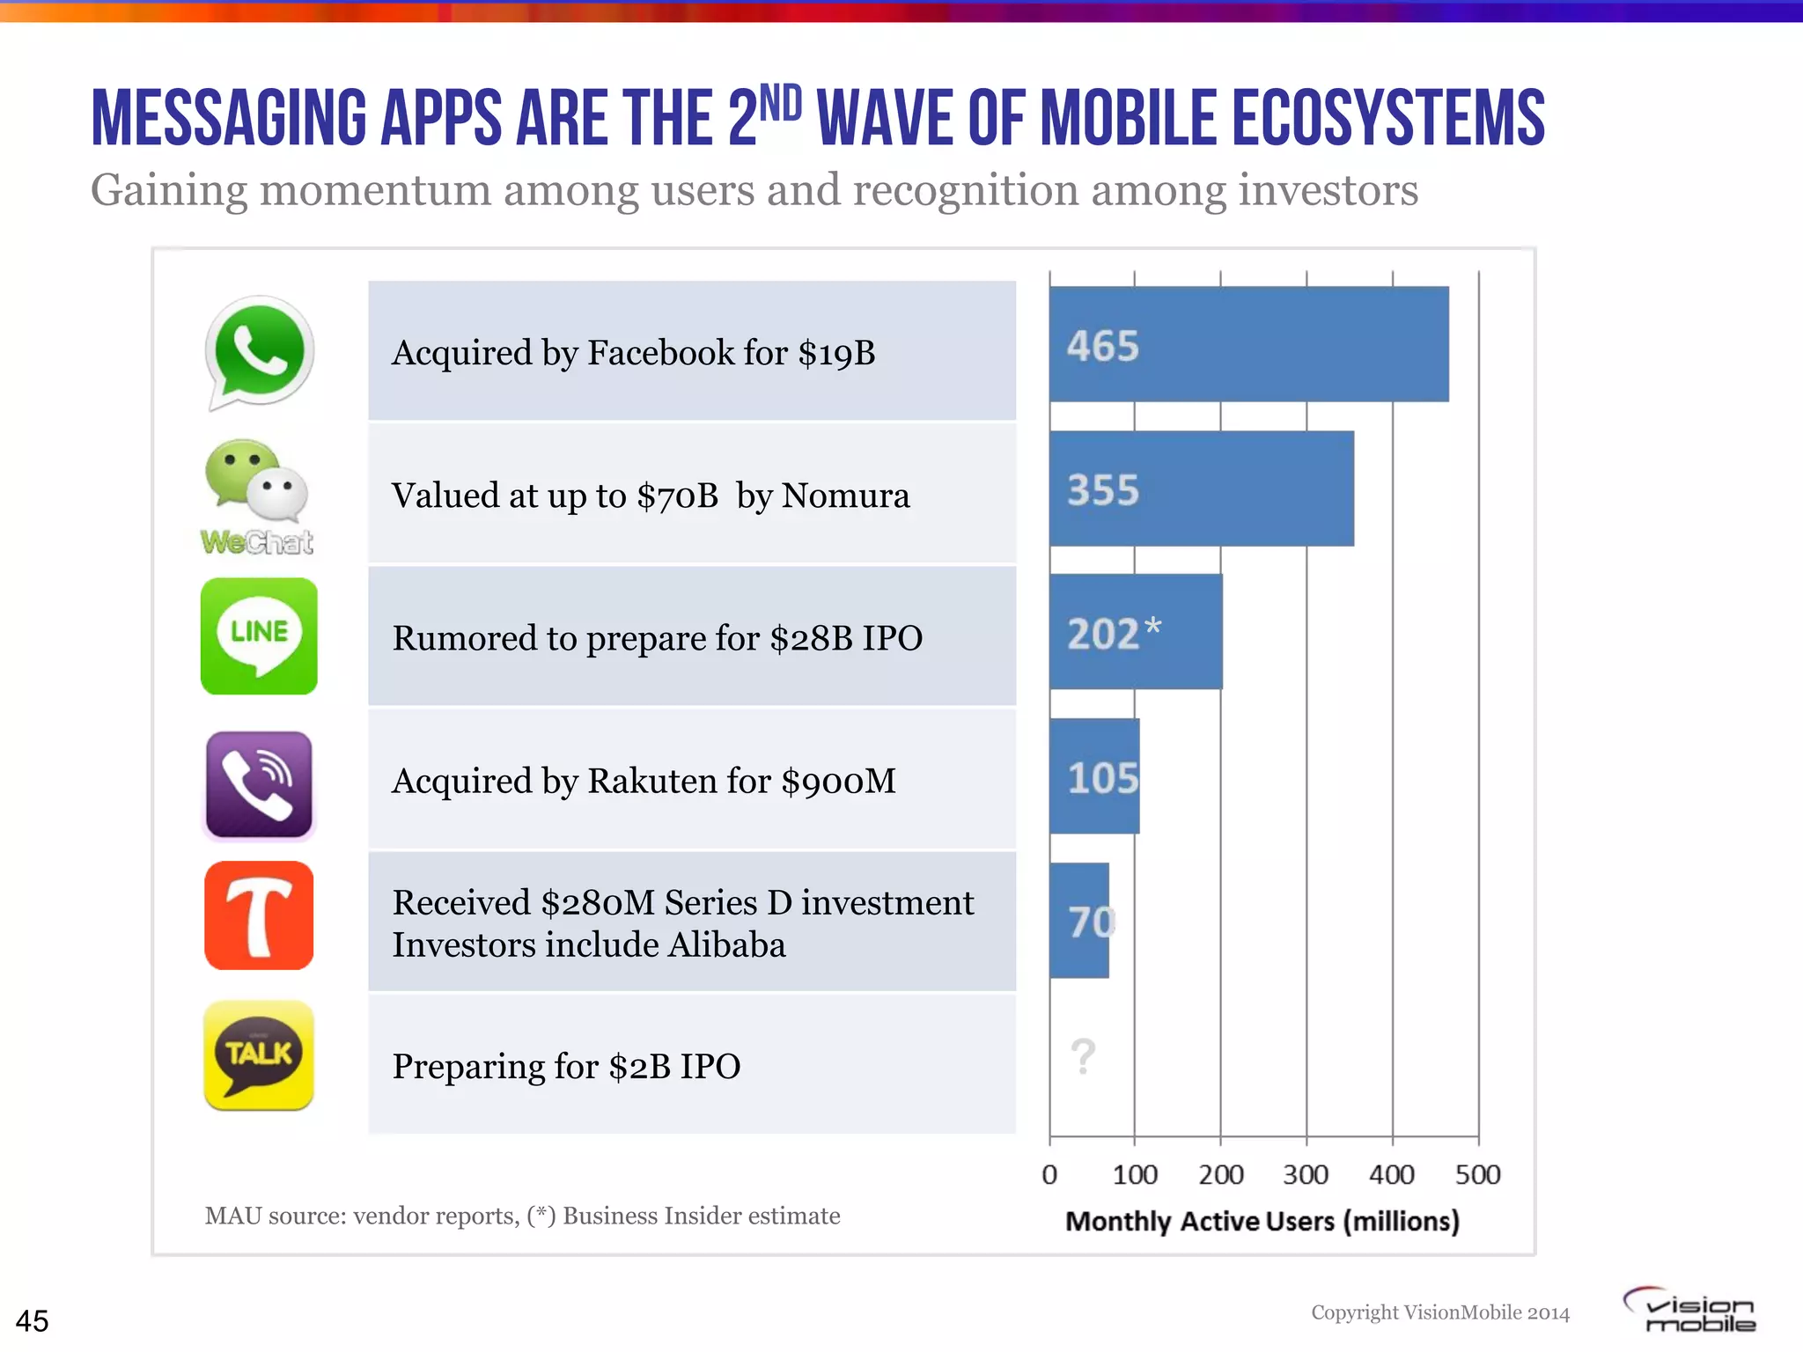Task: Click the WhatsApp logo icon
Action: point(259,351)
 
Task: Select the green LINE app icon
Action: point(259,636)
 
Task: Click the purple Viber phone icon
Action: point(259,784)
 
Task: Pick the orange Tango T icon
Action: point(259,915)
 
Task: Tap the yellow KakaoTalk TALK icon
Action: point(259,1055)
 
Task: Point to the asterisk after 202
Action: point(1152,626)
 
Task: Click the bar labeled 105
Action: point(1094,776)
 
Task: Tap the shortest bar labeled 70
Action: point(1079,920)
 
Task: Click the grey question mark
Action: point(1083,1055)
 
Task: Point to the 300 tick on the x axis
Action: point(1306,1174)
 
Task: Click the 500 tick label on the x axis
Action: point(1477,1174)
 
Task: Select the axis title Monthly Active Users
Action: point(1262,1221)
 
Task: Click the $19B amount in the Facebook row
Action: point(836,353)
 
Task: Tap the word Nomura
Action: point(845,496)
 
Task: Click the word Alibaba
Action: point(726,945)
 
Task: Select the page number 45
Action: point(33,1320)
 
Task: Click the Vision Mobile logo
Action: point(1690,1310)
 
